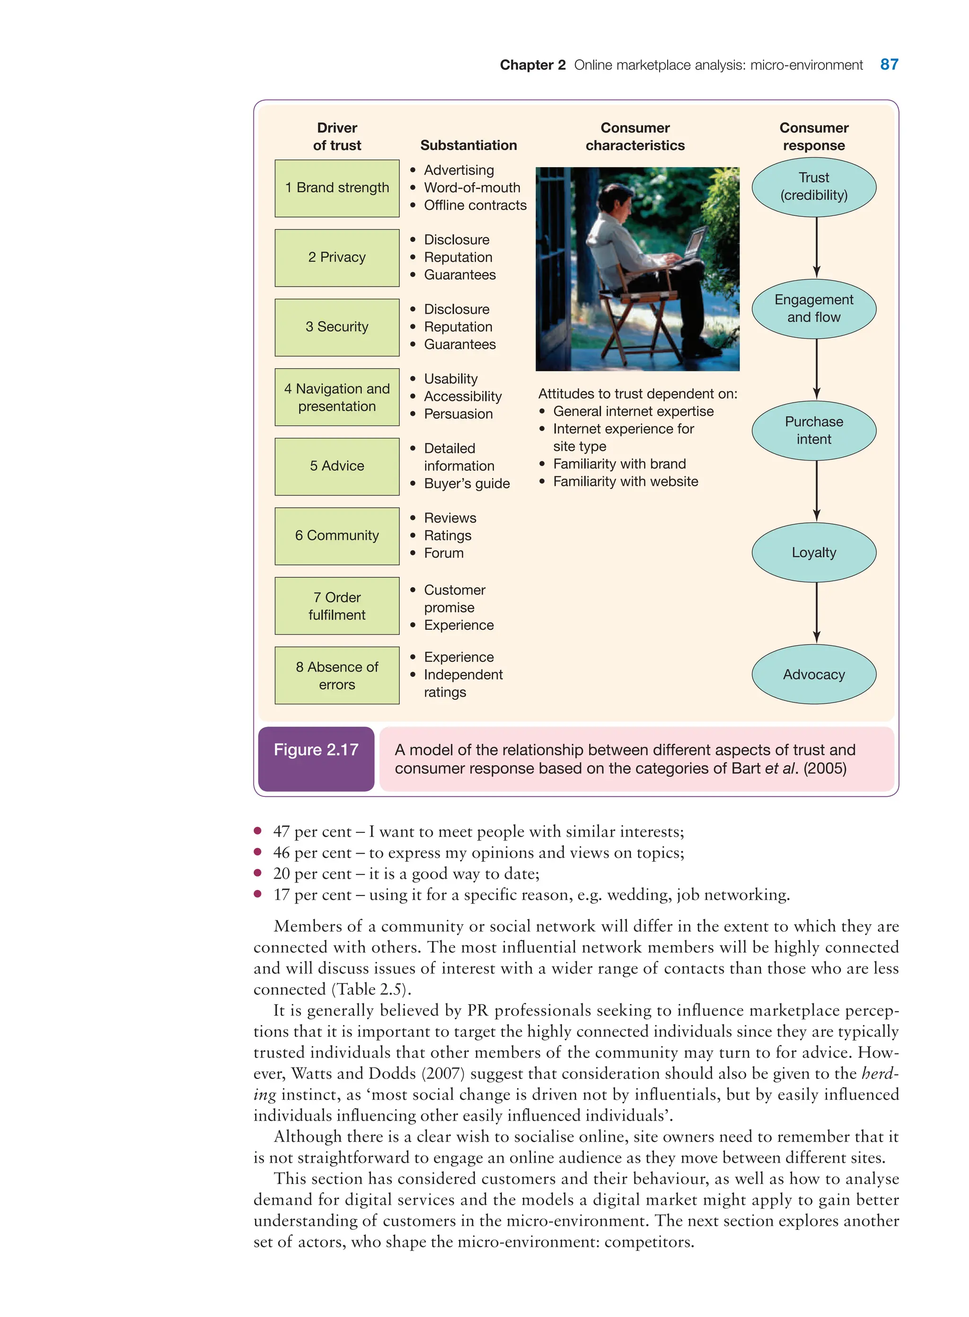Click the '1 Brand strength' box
tap(337, 188)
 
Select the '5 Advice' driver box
tap(337, 467)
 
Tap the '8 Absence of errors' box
tap(337, 675)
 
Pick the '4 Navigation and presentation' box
tap(337, 397)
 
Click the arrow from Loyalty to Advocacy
tap(817, 612)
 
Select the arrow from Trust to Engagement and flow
tap(817, 247)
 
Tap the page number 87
tap(889, 64)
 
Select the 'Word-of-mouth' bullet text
tap(472, 188)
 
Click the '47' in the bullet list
tap(282, 832)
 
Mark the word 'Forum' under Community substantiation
tap(443, 553)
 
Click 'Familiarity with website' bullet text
tap(625, 482)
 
